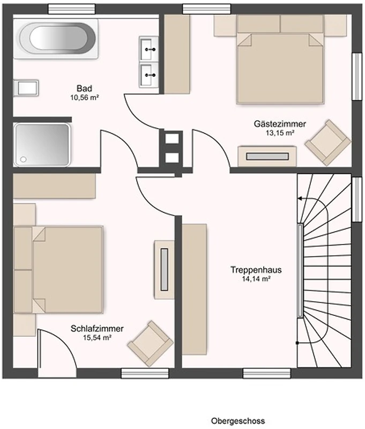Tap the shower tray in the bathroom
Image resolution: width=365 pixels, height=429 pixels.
point(42,144)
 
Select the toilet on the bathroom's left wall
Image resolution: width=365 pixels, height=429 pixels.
point(26,88)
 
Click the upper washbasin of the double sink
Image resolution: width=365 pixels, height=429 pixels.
point(149,48)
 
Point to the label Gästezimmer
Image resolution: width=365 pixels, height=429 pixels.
point(280,124)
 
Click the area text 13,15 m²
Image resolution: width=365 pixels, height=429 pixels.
point(280,133)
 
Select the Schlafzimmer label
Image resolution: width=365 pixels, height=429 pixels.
point(97,328)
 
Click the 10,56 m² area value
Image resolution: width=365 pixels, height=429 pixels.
point(85,98)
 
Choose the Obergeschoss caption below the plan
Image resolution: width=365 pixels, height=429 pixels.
point(238,420)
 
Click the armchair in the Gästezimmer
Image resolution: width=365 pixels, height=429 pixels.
point(328,143)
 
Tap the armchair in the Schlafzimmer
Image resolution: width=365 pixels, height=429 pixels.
point(151,344)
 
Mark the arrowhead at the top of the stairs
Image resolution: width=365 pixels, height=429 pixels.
point(300,198)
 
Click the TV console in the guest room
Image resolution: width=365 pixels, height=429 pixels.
point(267,156)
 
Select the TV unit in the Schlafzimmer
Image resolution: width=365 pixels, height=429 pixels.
point(164,270)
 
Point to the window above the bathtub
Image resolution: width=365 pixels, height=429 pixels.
point(72,9)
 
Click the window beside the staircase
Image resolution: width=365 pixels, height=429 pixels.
point(356,199)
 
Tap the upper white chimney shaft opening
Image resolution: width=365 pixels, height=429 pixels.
point(172,138)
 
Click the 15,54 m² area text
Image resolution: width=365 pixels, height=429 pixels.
point(97,338)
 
